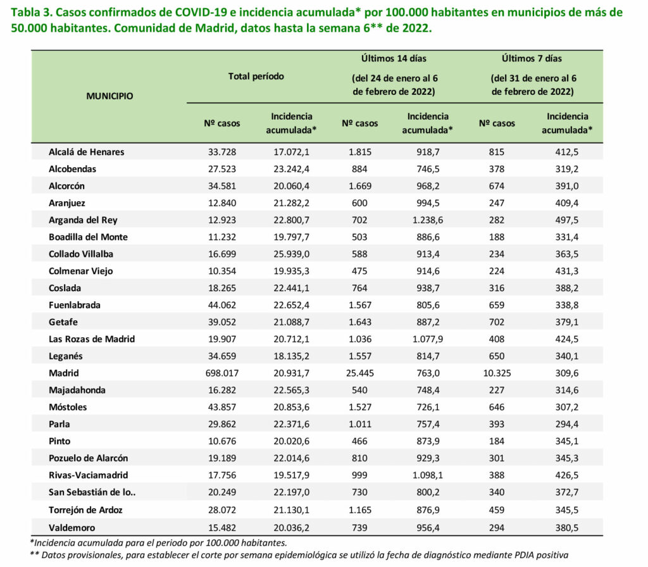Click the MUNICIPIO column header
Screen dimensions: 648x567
(x=109, y=96)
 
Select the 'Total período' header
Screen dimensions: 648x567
(x=256, y=77)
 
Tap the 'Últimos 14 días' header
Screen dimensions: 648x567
(x=394, y=59)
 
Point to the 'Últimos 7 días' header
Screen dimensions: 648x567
(x=532, y=59)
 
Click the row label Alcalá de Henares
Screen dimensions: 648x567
(x=86, y=152)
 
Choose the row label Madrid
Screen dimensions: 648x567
(x=64, y=373)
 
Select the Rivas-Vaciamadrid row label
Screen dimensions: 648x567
(x=89, y=475)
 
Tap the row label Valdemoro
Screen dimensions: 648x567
(x=72, y=528)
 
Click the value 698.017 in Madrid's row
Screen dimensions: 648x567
(x=222, y=373)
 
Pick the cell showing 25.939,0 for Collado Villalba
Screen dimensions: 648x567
(x=291, y=254)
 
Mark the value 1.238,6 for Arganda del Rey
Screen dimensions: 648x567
(x=428, y=220)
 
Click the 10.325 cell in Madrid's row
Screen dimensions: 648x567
(x=497, y=373)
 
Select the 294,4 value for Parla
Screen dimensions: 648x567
(x=566, y=425)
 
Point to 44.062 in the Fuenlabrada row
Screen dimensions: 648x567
(x=222, y=306)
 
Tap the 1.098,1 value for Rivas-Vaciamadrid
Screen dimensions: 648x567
(x=428, y=475)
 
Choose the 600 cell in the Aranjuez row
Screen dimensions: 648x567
(x=359, y=203)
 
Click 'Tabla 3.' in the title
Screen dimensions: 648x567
(x=32, y=13)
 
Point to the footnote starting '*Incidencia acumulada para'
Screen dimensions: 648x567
(x=159, y=543)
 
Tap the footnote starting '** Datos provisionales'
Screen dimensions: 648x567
(x=299, y=556)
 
